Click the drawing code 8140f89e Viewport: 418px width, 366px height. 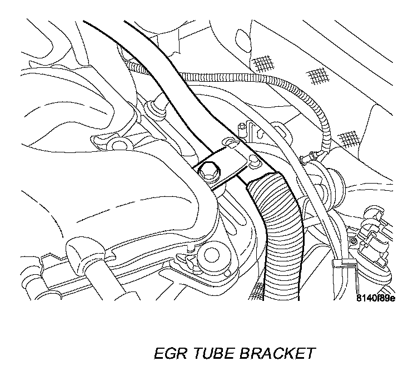(375, 298)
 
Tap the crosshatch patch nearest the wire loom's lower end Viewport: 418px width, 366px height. (349, 136)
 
